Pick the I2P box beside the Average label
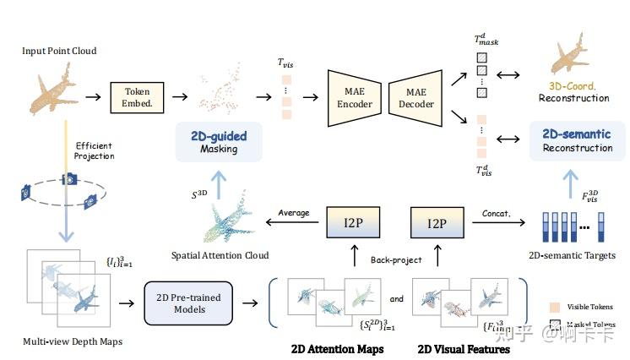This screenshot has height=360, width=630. (x=350, y=226)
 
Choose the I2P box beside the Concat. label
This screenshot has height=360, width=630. (x=437, y=226)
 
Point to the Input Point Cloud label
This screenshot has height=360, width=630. (x=59, y=52)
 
